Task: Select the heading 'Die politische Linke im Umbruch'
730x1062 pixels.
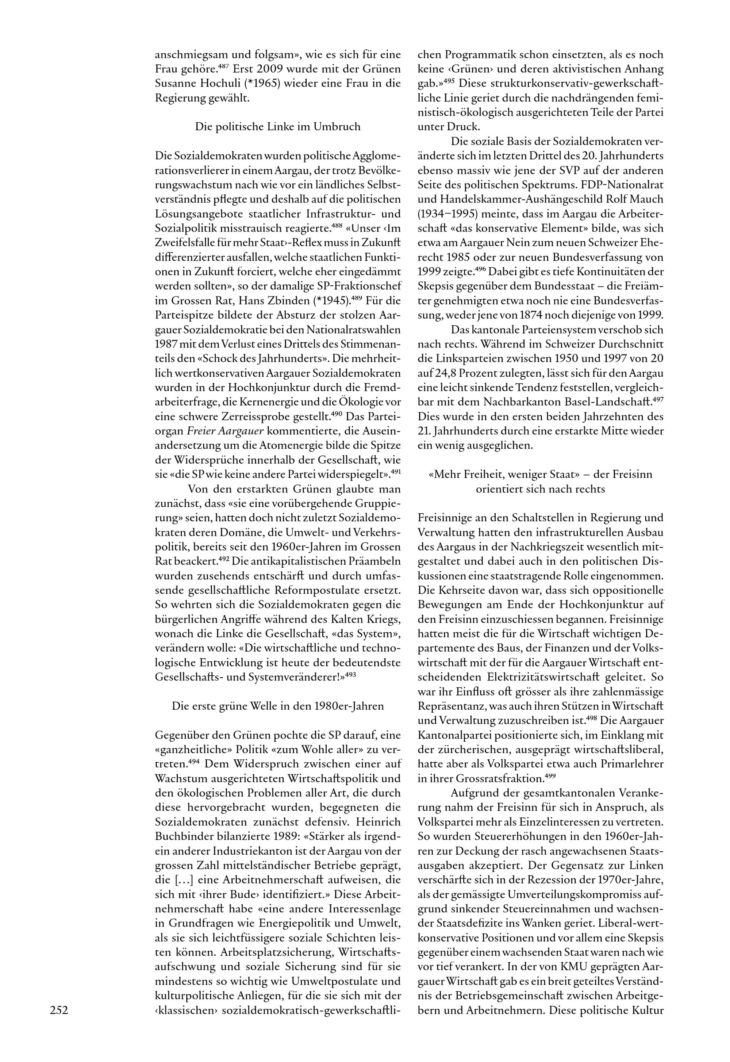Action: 278,127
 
